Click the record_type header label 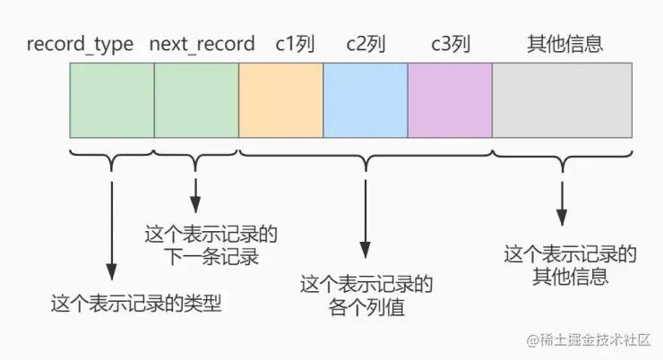[x=80, y=43]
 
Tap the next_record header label [x=202, y=43]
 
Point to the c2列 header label [x=365, y=43]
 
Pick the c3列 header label [x=450, y=43]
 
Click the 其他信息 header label [x=562, y=43]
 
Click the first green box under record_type [x=112, y=99]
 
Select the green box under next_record [x=196, y=99]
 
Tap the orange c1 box [x=280, y=99]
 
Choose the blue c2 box [x=365, y=99]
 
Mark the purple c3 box [x=450, y=99]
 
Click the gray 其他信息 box [x=563, y=99]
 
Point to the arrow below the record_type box [x=111, y=224]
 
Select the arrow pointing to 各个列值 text [x=365, y=215]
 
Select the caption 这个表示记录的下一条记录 [x=211, y=246]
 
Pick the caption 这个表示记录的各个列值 [x=366, y=296]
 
